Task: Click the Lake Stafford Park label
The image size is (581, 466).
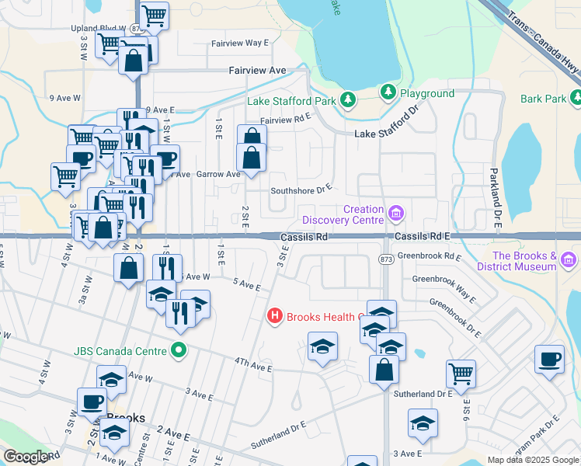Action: click(x=291, y=101)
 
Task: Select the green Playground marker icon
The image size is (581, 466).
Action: click(x=388, y=93)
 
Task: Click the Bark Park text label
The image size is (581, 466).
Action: click(x=543, y=99)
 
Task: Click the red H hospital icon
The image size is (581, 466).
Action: click(x=274, y=316)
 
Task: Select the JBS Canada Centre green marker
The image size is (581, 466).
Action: click(x=179, y=350)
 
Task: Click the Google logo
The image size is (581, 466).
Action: click(x=26, y=457)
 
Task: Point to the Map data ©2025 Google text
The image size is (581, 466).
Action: click(x=533, y=460)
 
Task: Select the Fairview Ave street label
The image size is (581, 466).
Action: click(x=257, y=70)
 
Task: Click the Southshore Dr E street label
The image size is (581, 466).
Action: click(x=301, y=189)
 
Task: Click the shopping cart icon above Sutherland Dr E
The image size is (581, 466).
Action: click(x=461, y=373)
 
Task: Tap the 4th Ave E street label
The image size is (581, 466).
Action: click(x=254, y=364)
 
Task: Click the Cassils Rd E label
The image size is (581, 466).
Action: click(x=422, y=235)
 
